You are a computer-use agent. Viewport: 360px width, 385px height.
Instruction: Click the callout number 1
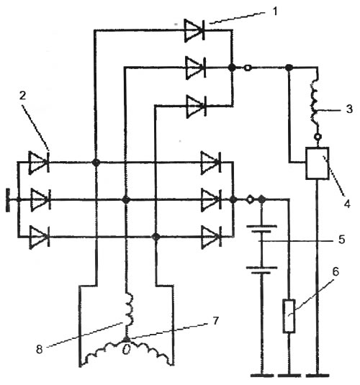coord(275,12)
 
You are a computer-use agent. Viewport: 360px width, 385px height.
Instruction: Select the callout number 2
coord(22,96)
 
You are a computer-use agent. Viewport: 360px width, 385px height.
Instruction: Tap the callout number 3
coord(349,109)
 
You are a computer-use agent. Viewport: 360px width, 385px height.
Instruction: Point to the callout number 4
coord(347,204)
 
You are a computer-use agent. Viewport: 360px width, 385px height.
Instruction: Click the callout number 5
coord(341,240)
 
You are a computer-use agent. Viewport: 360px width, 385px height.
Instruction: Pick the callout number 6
coord(336,272)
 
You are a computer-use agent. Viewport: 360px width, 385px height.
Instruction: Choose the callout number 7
coord(215,320)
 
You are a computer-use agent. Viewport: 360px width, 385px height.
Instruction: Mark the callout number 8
coord(40,349)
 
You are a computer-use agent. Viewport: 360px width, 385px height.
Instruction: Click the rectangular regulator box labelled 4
coord(317,163)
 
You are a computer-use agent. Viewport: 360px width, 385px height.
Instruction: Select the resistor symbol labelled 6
coord(289,316)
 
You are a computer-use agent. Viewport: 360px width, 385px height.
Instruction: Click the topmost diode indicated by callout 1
coord(194,30)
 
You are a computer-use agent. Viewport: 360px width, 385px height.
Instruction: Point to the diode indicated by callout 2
coord(39,163)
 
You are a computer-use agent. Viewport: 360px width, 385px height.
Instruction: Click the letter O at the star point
coord(126,350)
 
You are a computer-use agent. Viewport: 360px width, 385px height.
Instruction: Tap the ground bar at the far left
coord(9,200)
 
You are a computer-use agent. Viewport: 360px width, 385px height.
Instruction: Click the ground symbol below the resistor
coord(289,376)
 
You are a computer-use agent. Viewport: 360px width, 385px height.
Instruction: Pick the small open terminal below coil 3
coord(318,137)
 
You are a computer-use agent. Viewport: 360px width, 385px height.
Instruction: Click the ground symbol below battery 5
coord(262,376)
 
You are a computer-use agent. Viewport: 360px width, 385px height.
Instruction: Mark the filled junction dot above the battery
coord(261,199)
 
